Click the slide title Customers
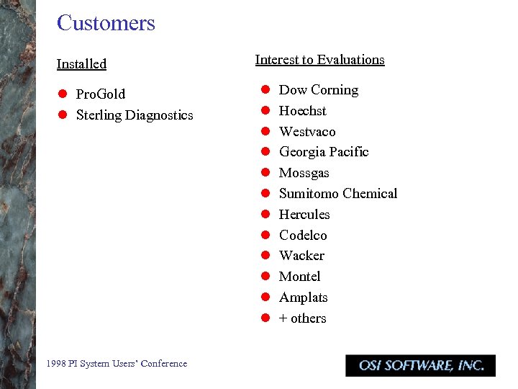106,23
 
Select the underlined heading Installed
81,64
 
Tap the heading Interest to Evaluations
319,60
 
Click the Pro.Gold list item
100,94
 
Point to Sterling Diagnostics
134,115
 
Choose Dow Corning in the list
318,90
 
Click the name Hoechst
302,111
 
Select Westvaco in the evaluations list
307,132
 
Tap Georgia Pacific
324,152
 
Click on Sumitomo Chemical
337,194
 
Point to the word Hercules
304,215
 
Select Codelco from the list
303,236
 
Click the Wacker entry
301,256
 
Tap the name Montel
299,277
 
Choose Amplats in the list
303,298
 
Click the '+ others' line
302,318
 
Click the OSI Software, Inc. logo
420,365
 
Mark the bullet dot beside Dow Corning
265,90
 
